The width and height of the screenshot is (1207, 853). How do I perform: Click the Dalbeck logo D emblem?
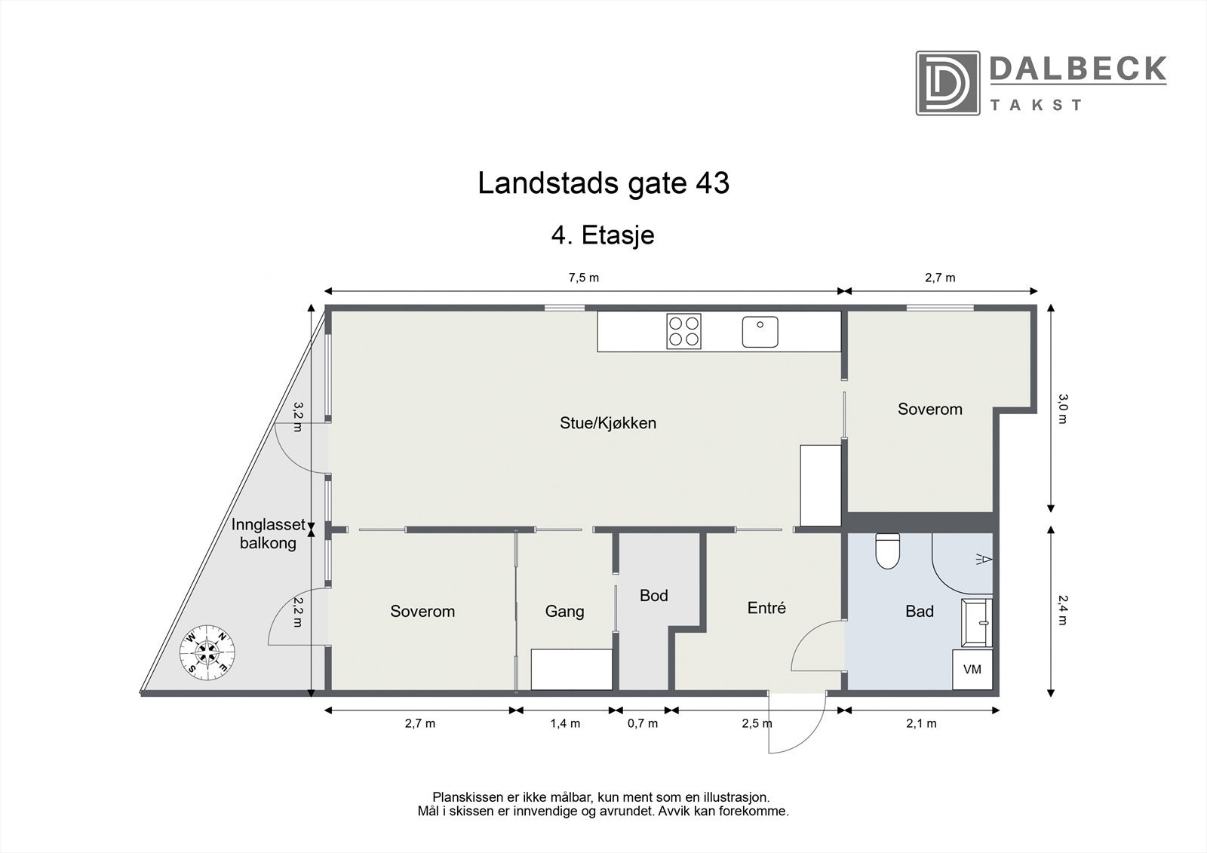coord(947,83)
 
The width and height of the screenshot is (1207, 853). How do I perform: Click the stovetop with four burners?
coord(683,331)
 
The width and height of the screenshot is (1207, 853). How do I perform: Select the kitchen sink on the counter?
coord(760,332)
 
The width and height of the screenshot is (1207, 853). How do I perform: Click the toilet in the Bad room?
coord(887,551)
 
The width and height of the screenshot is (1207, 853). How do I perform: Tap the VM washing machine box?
coord(972,670)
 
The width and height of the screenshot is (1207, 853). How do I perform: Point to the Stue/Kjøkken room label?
coord(608,423)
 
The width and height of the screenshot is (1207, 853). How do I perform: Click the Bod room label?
coord(654,596)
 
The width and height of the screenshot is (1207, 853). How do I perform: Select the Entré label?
coord(766,608)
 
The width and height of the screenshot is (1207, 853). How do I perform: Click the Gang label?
coord(564,612)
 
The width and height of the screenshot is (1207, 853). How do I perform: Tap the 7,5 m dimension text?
coord(583,278)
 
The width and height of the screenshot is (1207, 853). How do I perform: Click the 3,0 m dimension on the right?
coord(1062,408)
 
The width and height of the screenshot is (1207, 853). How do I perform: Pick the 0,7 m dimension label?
coord(643,724)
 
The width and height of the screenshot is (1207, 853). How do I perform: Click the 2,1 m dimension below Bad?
coord(921,724)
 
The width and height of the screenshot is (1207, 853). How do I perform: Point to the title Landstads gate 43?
coord(603,184)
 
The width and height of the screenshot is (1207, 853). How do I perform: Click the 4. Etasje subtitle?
coord(603,235)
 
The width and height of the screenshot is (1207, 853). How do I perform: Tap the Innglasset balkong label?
coord(268,533)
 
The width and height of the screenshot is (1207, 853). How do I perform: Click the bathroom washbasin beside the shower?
coord(978,622)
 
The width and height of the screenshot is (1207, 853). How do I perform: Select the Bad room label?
coord(920,612)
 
